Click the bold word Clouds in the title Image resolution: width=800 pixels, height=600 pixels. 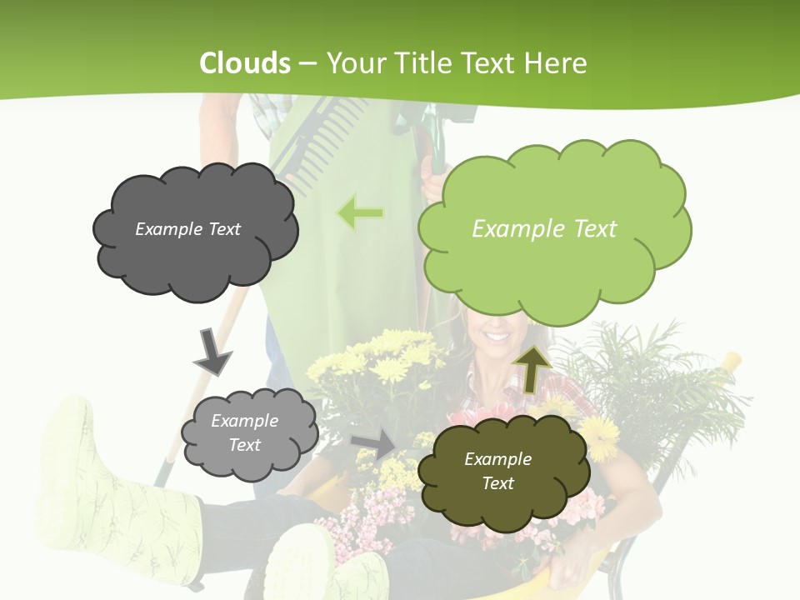[245, 63]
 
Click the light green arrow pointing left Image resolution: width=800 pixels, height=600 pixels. [360, 213]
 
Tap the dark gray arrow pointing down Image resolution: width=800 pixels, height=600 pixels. [212, 351]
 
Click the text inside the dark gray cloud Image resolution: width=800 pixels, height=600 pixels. [187, 229]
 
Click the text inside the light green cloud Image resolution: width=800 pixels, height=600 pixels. [544, 229]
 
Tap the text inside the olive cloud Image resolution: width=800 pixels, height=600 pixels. [497, 471]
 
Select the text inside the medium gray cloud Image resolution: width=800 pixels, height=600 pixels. [244, 433]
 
